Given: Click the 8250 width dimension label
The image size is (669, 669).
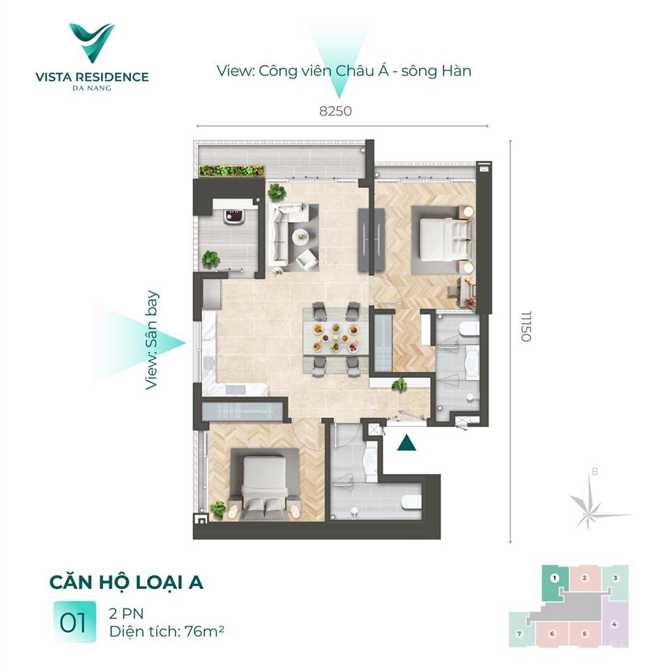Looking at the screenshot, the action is point(335,111).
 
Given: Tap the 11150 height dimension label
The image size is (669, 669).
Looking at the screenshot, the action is point(526,326).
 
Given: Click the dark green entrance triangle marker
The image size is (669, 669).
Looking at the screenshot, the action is point(406,443).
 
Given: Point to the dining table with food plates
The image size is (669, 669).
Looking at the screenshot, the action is point(335,337).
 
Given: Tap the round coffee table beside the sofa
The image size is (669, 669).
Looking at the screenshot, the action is point(301,237).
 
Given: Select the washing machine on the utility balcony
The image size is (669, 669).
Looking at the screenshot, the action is point(235,216).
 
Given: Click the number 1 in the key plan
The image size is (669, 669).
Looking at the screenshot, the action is point(554,578).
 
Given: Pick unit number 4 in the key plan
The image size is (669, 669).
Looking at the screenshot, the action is point(614,624).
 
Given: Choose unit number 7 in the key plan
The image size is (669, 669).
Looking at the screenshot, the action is point(519,633).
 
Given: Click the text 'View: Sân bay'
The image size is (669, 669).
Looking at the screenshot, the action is point(151,340).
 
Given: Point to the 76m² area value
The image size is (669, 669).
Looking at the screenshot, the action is point(204,631).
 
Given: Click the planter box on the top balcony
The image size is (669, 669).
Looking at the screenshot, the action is point(231,171).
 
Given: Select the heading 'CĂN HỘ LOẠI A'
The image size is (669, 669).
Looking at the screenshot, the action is point(126,583).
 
